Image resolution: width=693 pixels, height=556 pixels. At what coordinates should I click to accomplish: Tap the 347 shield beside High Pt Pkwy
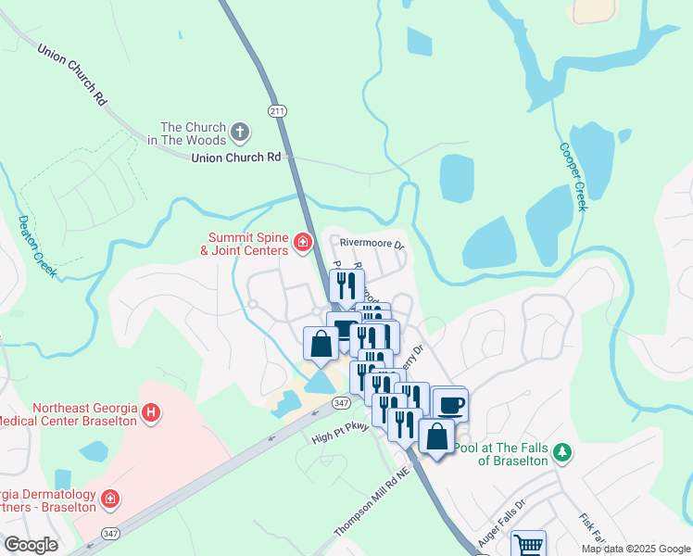(342, 401)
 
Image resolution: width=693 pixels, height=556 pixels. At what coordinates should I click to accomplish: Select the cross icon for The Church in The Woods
(240, 133)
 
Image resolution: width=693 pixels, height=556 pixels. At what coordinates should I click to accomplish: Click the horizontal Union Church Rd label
(235, 158)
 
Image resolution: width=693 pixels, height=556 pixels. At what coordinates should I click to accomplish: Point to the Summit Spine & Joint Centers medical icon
(302, 243)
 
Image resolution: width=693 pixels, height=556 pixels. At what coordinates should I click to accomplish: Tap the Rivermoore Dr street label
(372, 245)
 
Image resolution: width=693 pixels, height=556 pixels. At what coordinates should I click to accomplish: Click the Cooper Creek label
(572, 176)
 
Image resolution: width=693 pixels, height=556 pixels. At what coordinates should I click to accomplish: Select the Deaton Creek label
(37, 246)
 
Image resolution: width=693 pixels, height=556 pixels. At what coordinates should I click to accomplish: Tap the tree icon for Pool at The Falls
(561, 452)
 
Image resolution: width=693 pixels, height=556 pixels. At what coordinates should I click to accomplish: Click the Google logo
(31, 544)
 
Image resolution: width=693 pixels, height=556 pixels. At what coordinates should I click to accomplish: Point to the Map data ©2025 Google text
(636, 549)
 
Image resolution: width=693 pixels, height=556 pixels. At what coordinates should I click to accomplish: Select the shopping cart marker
(528, 544)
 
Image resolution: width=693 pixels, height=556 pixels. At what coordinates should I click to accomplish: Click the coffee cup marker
(450, 404)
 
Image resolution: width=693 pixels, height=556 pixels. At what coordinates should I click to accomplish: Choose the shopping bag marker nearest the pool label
(436, 436)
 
